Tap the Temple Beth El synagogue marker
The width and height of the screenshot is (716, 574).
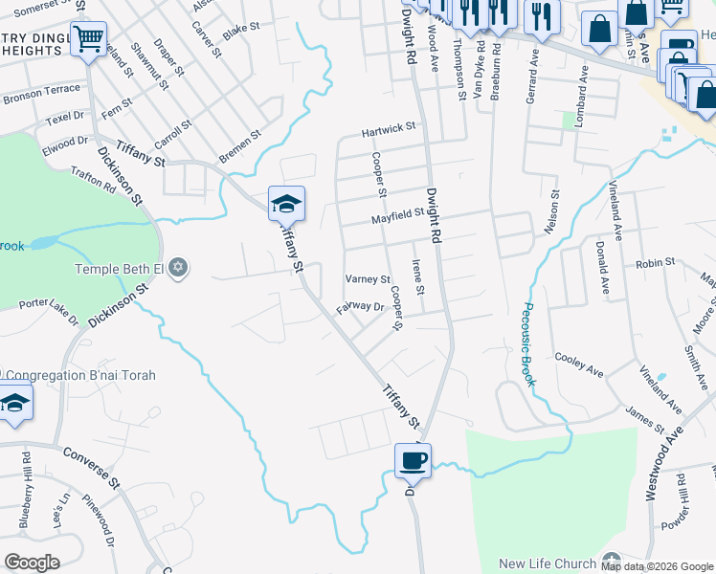tap(177, 269)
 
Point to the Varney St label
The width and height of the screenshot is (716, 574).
tap(368, 280)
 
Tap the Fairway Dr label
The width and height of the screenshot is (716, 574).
tap(360, 308)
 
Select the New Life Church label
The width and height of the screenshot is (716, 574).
tap(548, 563)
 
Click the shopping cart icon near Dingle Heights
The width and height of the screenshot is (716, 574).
tap(89, 40)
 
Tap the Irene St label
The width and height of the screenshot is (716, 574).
tap(417, 276)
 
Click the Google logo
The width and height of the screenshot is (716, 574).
tap(33, 563)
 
